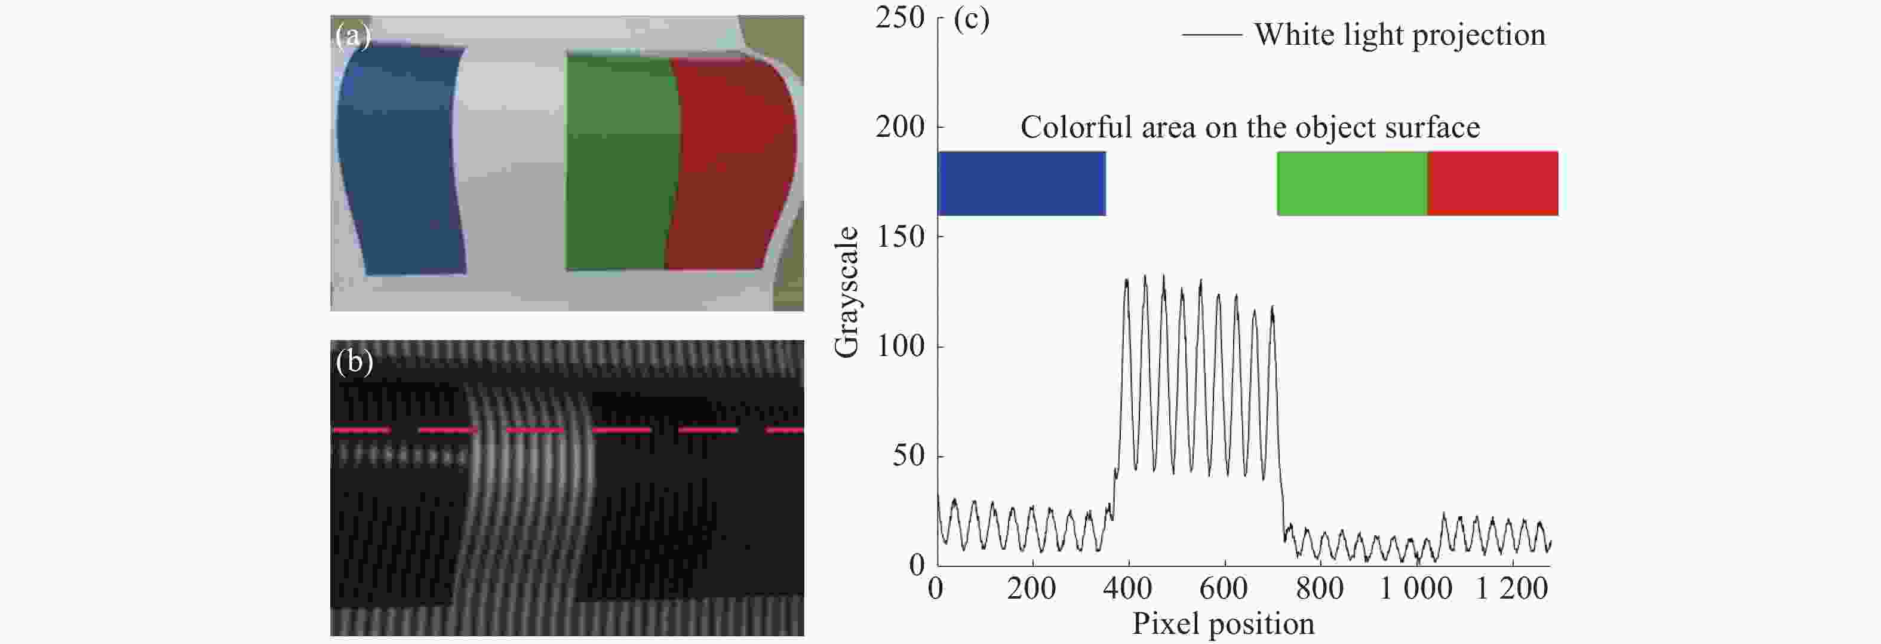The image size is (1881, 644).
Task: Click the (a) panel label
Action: point(353,35)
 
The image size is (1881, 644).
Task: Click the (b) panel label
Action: point(354,361)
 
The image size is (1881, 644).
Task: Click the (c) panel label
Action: point(971,20)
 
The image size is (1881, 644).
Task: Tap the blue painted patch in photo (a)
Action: point(398,161)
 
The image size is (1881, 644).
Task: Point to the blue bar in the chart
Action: point(1021,183)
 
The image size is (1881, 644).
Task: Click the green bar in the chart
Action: point(1351,183)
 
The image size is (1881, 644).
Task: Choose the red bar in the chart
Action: point(1492,183)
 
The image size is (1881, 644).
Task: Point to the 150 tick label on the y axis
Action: point(900,237)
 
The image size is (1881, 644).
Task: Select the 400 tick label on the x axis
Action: point(1127,588)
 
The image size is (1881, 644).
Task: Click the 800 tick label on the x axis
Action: point(1320,588)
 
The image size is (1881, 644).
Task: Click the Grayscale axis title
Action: point(846,292)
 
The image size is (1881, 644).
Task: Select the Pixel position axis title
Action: point(1223,624)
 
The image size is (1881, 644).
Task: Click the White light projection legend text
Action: point(1400,34)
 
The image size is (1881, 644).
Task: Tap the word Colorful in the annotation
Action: point(1071,128)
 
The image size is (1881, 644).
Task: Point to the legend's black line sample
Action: point(1212,34)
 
